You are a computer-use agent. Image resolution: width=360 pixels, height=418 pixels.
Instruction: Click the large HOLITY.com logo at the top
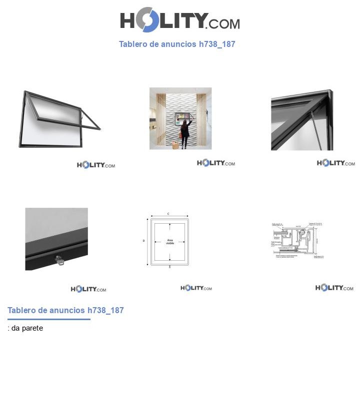(x=179, y=20)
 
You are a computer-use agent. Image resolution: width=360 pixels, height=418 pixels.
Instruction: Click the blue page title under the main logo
(x=177, y=44)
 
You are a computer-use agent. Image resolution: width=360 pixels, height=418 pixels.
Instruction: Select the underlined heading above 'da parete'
(x=65, y=310)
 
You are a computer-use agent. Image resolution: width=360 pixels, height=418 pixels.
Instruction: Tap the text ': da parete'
(x=25, y=328)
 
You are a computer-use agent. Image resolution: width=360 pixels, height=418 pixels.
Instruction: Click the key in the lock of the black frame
(x=59, y=260)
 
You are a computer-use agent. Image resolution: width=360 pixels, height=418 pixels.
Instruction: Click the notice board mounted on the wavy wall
(x=181, y=118)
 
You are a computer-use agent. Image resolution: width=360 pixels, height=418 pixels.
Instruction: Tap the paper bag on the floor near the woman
(x=175, y=145)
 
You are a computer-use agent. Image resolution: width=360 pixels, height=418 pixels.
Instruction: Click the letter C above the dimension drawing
(x=168, y=214)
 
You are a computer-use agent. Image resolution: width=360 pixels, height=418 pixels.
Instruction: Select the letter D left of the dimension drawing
(x=144, y=241)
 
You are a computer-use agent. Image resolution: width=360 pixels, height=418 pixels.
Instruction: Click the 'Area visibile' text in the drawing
(x=170, y=242)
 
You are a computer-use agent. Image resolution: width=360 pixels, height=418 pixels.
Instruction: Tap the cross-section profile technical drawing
(x=297, y=240)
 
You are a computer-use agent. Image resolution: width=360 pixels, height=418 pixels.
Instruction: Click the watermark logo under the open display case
(x=96, y=165)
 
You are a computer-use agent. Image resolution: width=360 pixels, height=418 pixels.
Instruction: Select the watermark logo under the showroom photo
(x=215, y=163)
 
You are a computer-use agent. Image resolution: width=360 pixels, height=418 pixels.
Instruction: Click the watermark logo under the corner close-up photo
(x=335, y=163)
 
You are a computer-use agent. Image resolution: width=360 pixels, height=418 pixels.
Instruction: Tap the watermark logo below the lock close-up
(x=88, y=289)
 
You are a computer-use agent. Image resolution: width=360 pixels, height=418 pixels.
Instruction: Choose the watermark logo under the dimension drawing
(x=196, y=288)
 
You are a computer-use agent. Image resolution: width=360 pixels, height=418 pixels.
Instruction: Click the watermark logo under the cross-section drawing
(x=334, y=288)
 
